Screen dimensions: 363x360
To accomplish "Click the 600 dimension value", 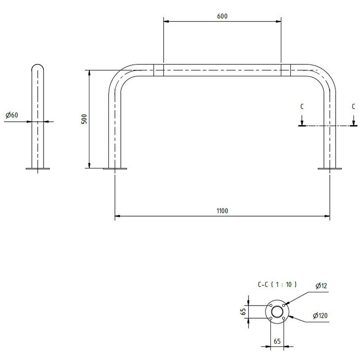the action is [x=222, y=16].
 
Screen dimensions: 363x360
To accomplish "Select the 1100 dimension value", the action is [x=222, y=211].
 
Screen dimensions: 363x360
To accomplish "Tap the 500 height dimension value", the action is [x=84, y=119].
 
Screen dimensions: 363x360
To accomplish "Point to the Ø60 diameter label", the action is [x=12, y=115].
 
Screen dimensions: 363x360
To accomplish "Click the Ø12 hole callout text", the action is [x=321, y=286].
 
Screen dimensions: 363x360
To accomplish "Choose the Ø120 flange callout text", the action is [x=320, y=316].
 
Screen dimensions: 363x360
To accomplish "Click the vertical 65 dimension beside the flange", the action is [x=243, y=312].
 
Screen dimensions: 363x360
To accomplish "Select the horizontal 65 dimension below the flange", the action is [x=277, y=341].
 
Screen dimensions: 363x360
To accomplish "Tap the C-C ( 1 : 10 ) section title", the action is [x=277, y=284].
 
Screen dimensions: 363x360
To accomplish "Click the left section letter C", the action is [x=302, y=107].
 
